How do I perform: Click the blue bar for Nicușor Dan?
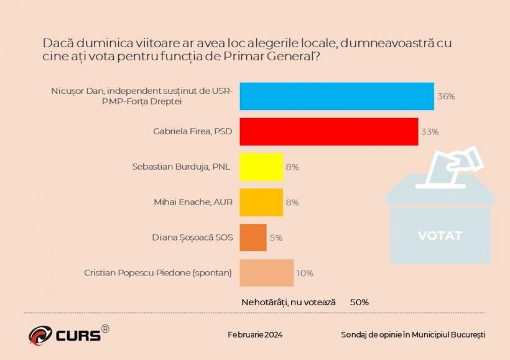(336, 96)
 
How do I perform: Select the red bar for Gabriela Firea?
(328, 131)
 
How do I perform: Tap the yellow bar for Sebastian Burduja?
(261, 167)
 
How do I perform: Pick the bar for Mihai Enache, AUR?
(261, 202)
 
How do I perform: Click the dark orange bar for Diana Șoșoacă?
(253, 238)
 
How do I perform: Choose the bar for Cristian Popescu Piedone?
(266, 272)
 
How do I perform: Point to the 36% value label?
(446, 96)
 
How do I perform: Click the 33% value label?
(430, 132)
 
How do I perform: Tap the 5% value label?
(276, 238)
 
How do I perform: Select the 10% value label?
(305, 273)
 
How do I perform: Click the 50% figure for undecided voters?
(359, 302)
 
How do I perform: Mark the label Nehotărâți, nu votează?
(288, 302)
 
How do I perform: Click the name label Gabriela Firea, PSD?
(193, 132)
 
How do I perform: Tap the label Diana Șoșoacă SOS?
(193, 238)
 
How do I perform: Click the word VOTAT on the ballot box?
(440, 236)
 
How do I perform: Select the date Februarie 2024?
(255, 335)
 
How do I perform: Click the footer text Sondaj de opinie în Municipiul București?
(413, 335)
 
